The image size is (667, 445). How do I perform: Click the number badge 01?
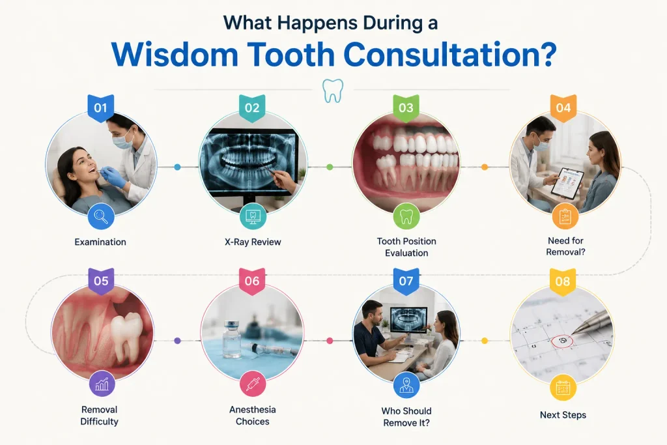[100, 108]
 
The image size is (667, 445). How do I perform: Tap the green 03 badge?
[406, 108]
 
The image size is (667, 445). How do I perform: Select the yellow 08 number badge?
[562, 281]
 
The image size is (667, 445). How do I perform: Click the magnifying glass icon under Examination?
[101, 216]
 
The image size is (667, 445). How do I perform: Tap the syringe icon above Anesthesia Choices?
[253, 384]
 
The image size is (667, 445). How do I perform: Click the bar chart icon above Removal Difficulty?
[102, 384]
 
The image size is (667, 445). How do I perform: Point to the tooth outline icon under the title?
[333, 91]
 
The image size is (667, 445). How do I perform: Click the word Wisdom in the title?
[175, 55]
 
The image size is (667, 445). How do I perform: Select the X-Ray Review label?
[253, 242]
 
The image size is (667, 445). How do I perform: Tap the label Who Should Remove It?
[406, 417]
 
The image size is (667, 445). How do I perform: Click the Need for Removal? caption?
[565, 246]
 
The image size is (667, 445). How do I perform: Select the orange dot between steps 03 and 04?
[484, 167]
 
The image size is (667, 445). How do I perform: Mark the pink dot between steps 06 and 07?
[330, 341]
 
